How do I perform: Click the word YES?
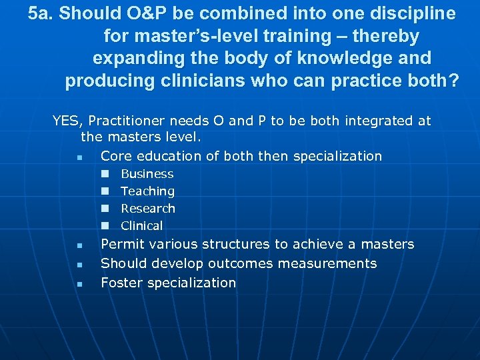pyautogui.click(x=65, y=121)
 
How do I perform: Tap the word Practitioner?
pyautogui.click(x=129, y=121)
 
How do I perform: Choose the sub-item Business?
pyautogui.click(x=147, y=174)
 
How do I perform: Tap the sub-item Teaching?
pyautogui.click(x=147, y=191)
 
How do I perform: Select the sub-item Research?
pyautogui.click(x=148, y=209)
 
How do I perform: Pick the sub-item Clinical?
pyautogui.click(x=141, y=226)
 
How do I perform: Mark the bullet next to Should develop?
pyautogui.click(x=79, y=265)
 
